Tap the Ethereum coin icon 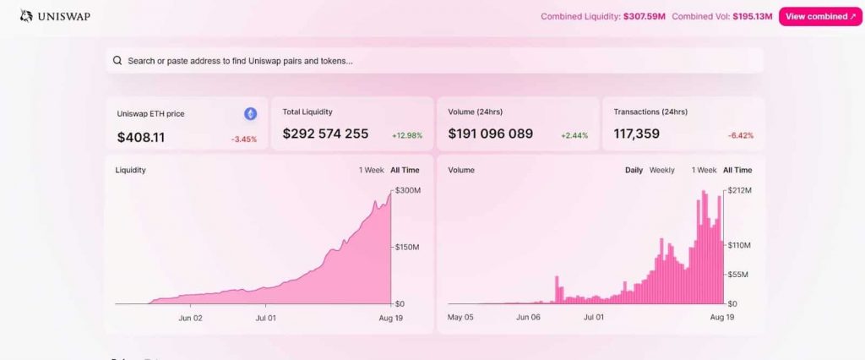click(x=250, y=113)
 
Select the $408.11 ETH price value click(x=141, y=136)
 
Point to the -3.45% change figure click(x=244, y=138)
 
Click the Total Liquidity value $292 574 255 click(x=325, y=134)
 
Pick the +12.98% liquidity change click(x=407, y=135)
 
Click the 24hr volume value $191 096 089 click(x=491, y=134)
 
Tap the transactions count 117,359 click(x=637, y=134)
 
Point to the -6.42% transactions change click(x=740, y=135)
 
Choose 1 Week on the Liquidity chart click(x=372, y=170)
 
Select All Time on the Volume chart click(x=737, y=170)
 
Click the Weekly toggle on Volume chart click(x=661, y=170)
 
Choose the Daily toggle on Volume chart click(x=634, y=170)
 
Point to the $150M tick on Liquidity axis click(x=407, y=247)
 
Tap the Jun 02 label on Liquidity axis click(x=191, y=318)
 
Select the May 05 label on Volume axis click(x=460, y=318)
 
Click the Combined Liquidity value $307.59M click(x=644, y=16)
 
